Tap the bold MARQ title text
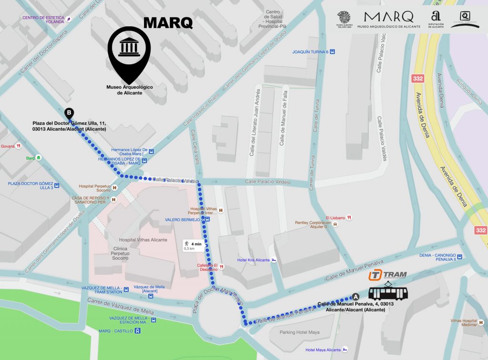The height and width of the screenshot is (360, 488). (x=168, y=22)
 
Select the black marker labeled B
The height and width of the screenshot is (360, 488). (x=69, y=113)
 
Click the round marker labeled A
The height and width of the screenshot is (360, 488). (x=355, y=296)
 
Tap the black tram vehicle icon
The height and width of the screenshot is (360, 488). (x=388, y=292)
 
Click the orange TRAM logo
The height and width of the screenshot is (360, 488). (x=387, y=275)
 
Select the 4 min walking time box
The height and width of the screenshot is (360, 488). (x=193, y=246)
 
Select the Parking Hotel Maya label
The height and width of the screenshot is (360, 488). (x=300, y=332)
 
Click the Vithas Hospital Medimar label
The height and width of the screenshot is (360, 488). (x=464, y=323)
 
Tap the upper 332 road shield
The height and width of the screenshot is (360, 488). (x=418, y=78)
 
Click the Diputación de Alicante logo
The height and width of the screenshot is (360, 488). (x=436, y=20)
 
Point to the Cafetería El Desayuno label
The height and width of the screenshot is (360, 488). (x=208, y=267)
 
